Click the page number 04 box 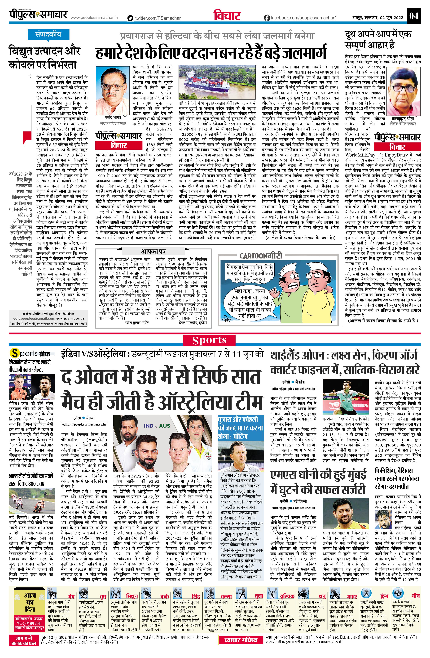414,15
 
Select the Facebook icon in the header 267,18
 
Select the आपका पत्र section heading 154,251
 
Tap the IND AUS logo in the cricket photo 157,426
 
